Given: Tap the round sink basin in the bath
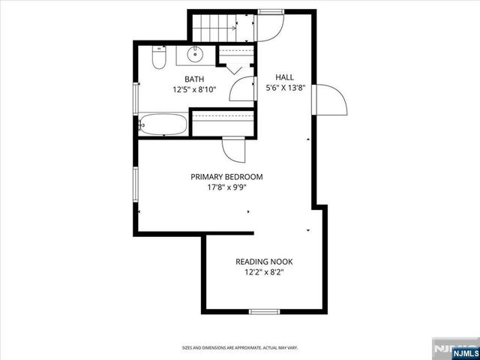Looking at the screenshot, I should click(194, 54).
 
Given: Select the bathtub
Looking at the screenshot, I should click(163, 124).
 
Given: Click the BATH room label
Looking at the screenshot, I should click(194, 78).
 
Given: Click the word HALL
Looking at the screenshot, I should click(284, 77).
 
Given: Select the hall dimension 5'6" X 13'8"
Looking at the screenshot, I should click(285, 88).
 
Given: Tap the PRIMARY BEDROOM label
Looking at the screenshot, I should click(226, 177).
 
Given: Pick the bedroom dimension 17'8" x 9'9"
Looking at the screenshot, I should click(226, 187).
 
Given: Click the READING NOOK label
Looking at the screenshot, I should click(264, 262).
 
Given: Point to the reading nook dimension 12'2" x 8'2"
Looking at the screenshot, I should click(264, 272).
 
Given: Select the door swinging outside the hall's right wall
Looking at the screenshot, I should click(330, 99).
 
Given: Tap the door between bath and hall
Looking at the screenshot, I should click(243, 88).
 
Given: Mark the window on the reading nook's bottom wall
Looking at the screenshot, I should click(264, 311).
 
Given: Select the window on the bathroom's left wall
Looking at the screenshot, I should click(136, 96).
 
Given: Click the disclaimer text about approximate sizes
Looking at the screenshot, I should click(239, 347).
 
